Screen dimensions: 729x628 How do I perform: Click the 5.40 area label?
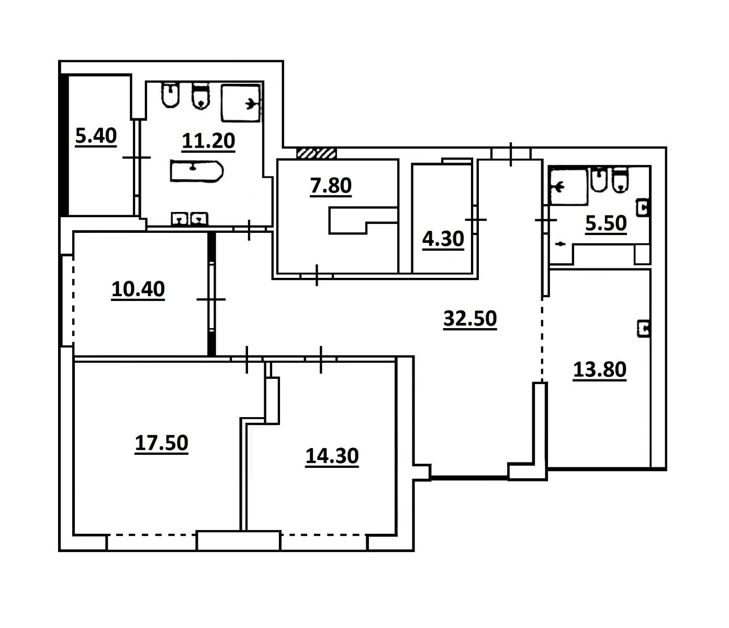coord(96,136)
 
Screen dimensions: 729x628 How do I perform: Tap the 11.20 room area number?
coord(208,141)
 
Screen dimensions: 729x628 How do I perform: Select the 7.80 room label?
coord(331,186)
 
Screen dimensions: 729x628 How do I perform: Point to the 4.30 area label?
coord(443,239)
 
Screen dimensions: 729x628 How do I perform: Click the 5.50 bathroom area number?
coord(606,223)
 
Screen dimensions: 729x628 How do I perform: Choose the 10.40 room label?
coord(138,289)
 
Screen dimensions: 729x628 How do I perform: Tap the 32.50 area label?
coord(470,319)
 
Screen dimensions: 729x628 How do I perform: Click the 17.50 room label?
coord(162,443)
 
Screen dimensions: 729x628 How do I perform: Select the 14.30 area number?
coord(332,456)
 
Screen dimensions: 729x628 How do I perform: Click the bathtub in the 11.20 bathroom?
coord(196,171)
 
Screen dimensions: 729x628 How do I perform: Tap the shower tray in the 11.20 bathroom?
coord(241,103)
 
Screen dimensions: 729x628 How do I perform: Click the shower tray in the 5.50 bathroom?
coord(568,186)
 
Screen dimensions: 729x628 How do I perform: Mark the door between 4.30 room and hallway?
coord(475,220)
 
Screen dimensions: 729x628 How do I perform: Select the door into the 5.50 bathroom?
coord(546,220)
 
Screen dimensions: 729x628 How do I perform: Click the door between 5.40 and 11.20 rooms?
coord(137,158)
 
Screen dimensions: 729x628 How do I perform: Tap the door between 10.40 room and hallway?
coord(211,299)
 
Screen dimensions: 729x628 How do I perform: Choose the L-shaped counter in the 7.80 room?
coord(363,220)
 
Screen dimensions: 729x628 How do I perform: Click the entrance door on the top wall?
coord(511,154)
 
